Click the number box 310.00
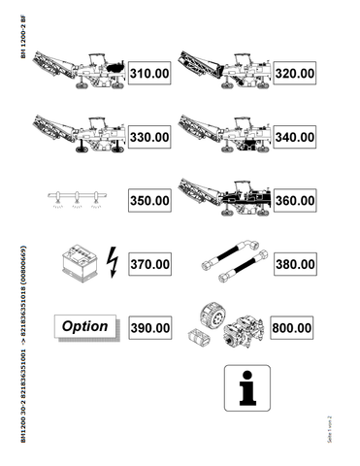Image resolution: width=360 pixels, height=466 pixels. click(150, 73)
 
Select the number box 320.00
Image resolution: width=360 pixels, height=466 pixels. click(292, 73)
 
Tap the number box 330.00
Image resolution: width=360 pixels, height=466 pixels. click(150, 137)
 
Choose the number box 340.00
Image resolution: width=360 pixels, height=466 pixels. click(292, 137)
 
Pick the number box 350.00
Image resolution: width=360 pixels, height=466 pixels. click(150, 201)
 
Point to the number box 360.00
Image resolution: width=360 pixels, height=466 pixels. click(292, 201)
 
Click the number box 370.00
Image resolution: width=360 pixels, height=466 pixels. click(150, 264)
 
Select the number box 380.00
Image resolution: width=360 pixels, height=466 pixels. click(292, 264)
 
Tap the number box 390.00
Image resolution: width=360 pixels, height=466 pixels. click(150, 328)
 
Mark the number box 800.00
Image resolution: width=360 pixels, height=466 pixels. click(292, 328)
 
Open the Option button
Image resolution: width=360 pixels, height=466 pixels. click(84, 327)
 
